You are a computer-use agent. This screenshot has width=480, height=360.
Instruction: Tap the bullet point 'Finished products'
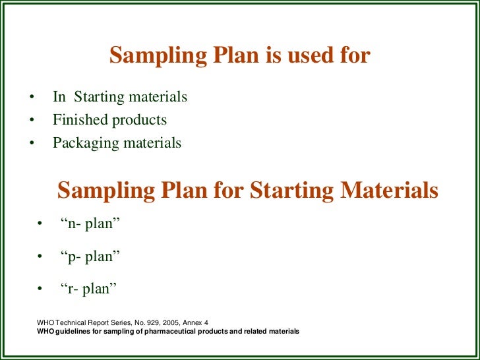click(109, 120)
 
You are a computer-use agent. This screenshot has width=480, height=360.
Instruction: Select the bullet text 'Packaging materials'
click(117, 142)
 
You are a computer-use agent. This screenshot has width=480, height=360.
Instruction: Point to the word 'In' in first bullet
click(59, 98)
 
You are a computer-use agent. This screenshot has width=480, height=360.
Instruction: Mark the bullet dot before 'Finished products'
click(30, 121)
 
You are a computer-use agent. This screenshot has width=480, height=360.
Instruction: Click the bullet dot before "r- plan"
click(41, 289)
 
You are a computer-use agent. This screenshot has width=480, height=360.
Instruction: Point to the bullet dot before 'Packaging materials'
click(30, 143)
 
